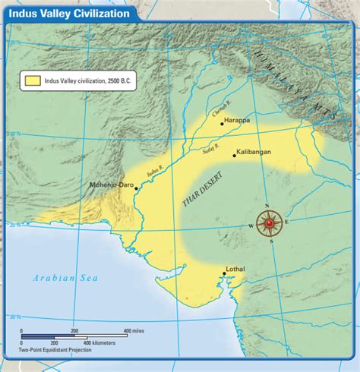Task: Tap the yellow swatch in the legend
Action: (33, 79)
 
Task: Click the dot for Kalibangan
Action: (231, 153)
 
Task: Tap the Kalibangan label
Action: (253, 152)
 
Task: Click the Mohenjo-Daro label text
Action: (110, 184)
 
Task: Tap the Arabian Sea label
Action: (65, 279)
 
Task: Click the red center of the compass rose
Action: (269, 224)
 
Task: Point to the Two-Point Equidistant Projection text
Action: (56, 351)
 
